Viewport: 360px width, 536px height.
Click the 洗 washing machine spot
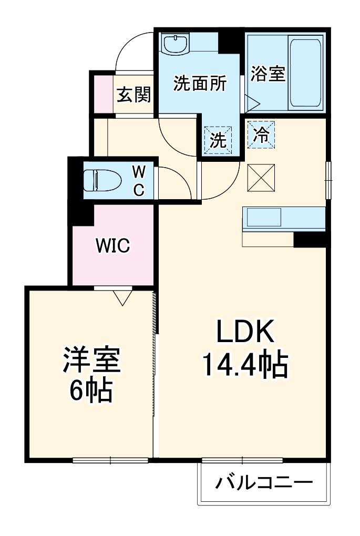coord(217,140)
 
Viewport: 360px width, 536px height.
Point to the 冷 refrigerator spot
coord(261,135)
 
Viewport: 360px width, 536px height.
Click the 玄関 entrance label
coord(133,95)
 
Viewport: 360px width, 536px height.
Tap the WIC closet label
coord(112,245)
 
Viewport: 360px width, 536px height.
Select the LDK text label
coord(245,332)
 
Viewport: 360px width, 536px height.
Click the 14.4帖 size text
coord(245,365)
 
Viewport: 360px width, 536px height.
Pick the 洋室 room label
coord(92,360)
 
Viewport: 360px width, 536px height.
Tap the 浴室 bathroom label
coord(268,74)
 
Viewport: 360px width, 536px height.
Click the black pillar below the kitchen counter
coord(310,239)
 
